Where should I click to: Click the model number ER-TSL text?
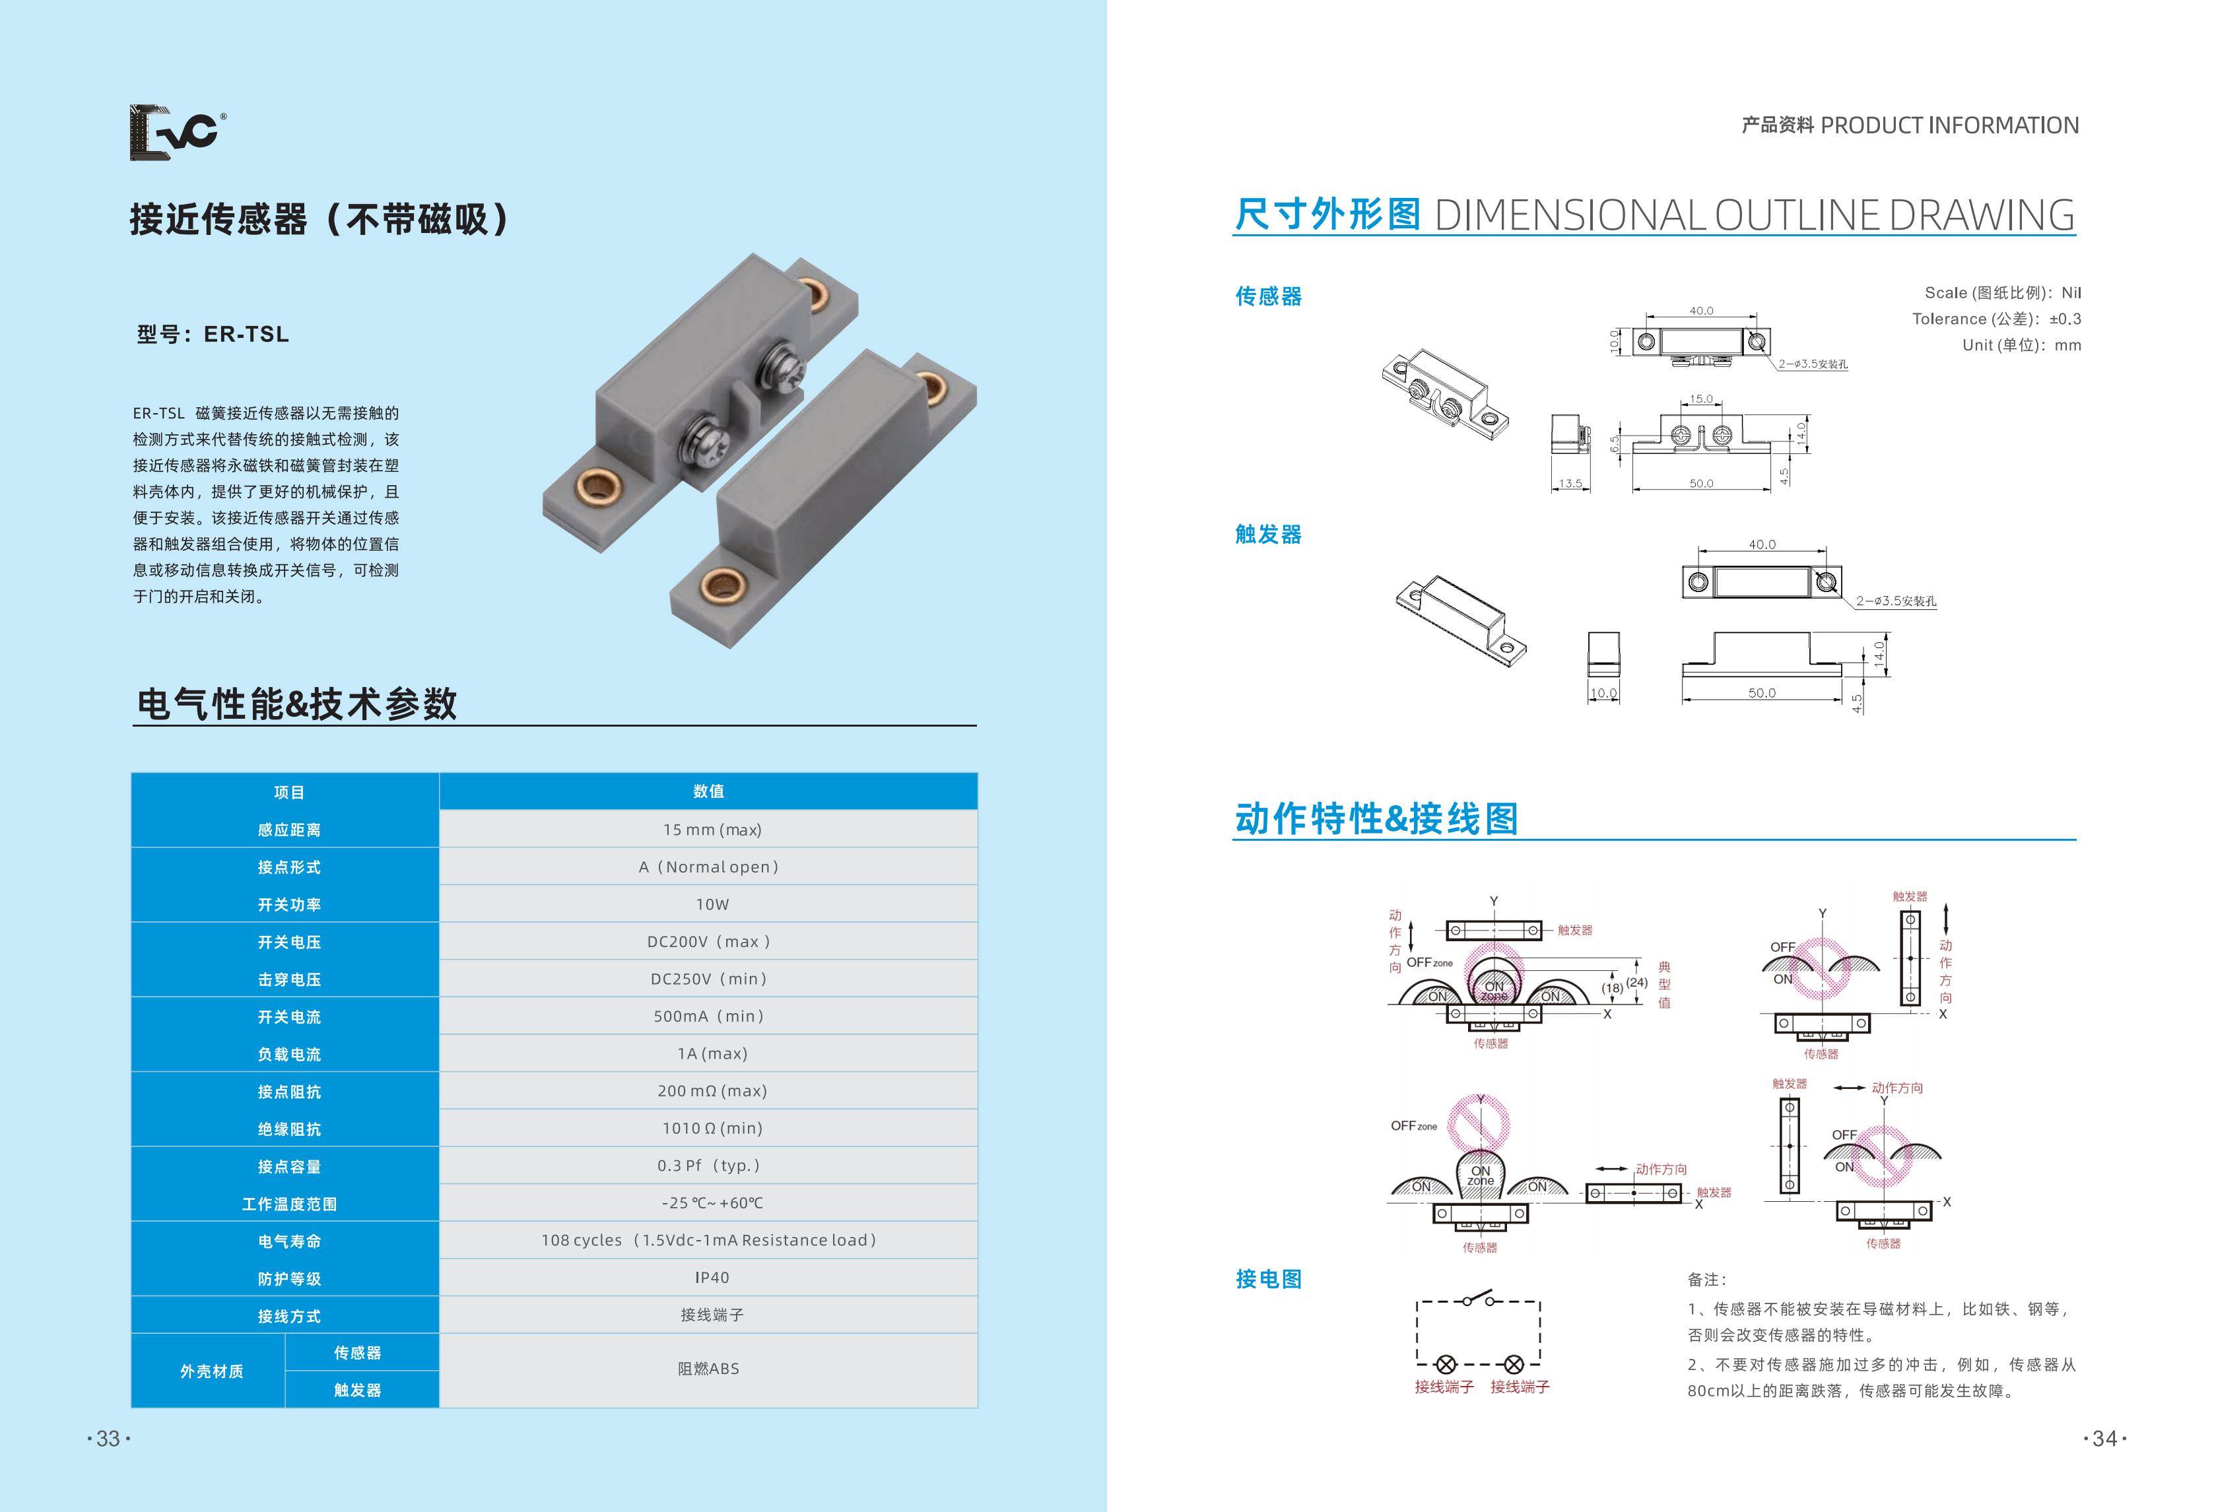tap(213, 335)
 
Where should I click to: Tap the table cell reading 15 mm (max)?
tap(712, 829)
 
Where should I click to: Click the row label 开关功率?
tap(288, 904)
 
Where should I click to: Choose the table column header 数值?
tap(708, 791)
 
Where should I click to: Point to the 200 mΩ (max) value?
tap(712, 1091)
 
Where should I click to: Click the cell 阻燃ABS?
tap(708, 1369)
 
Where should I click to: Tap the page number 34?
tap(2104, 1439)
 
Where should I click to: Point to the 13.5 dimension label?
tap(1570, 484)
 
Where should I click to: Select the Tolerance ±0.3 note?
tap(1996, 319)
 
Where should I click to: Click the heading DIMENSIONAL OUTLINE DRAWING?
tap(1753, 215)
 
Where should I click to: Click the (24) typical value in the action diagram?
tap(1636, 982)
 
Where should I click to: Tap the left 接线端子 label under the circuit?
tap(1443, 1387)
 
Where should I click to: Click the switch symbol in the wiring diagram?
tap(1479, 1299)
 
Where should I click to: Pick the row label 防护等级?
tap(288, 1278)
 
